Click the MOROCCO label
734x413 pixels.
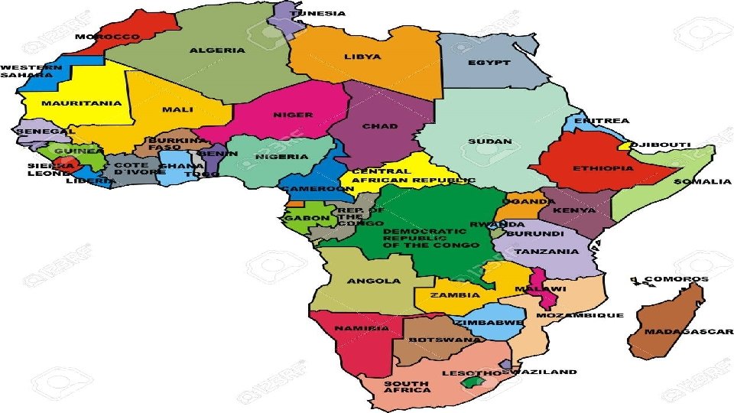[x=107, y=36]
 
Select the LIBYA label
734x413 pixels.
[x=363, y=57]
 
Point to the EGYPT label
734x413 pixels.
[x=489, y=63]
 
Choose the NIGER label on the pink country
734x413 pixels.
[x=293, y=115]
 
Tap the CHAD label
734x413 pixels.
[x=380, y=126]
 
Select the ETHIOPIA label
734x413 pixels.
[x=604, y=168]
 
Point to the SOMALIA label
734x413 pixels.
[x=702, y=181]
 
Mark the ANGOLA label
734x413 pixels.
[x=374, y=281]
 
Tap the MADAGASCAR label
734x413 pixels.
[x=689, y=332]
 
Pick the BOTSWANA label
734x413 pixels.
[x=435, y=340]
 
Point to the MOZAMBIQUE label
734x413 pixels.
[x=580, y=315]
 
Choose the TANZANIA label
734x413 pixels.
[x=546, y=252]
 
